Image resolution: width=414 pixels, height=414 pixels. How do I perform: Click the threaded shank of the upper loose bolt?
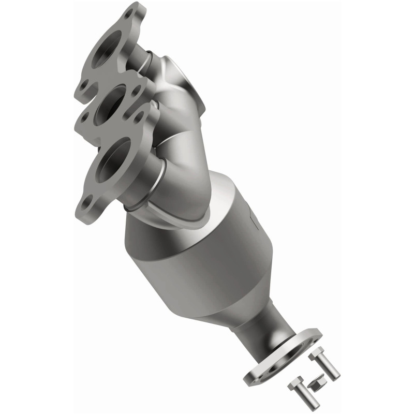tap(331, 368)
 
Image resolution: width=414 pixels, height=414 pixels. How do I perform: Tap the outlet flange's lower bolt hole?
tap(257, 374)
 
